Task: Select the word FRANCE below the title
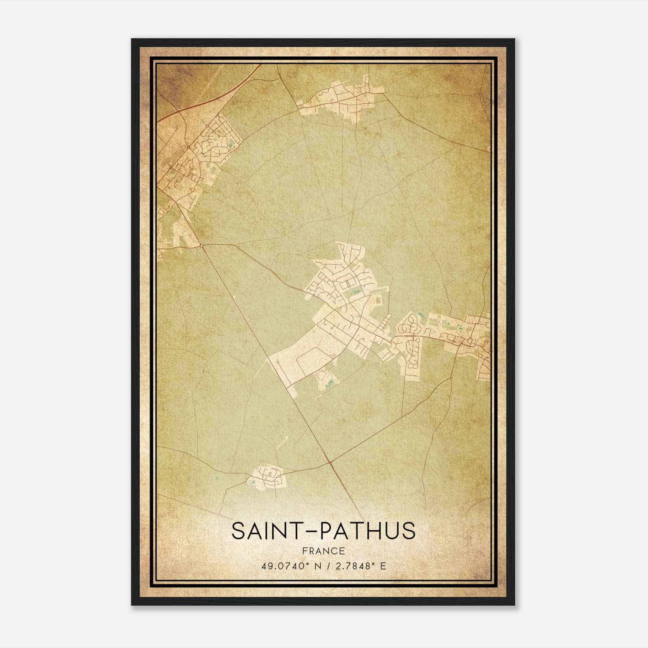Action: [x=323, y=551]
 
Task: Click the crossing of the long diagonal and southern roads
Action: [x=331, y=462]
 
